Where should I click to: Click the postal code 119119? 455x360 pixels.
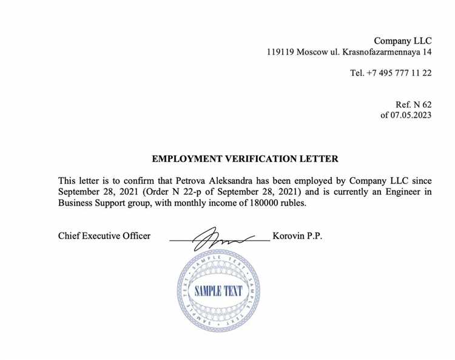coord(280,53)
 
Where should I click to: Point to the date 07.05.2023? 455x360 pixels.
coord(411,115)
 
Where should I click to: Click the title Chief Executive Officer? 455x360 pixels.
coord(104,236)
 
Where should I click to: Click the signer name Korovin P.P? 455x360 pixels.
coord(297,236)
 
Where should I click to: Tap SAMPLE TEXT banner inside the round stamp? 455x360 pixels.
coord(218,291)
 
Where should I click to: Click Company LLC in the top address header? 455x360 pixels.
coord(403,41)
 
